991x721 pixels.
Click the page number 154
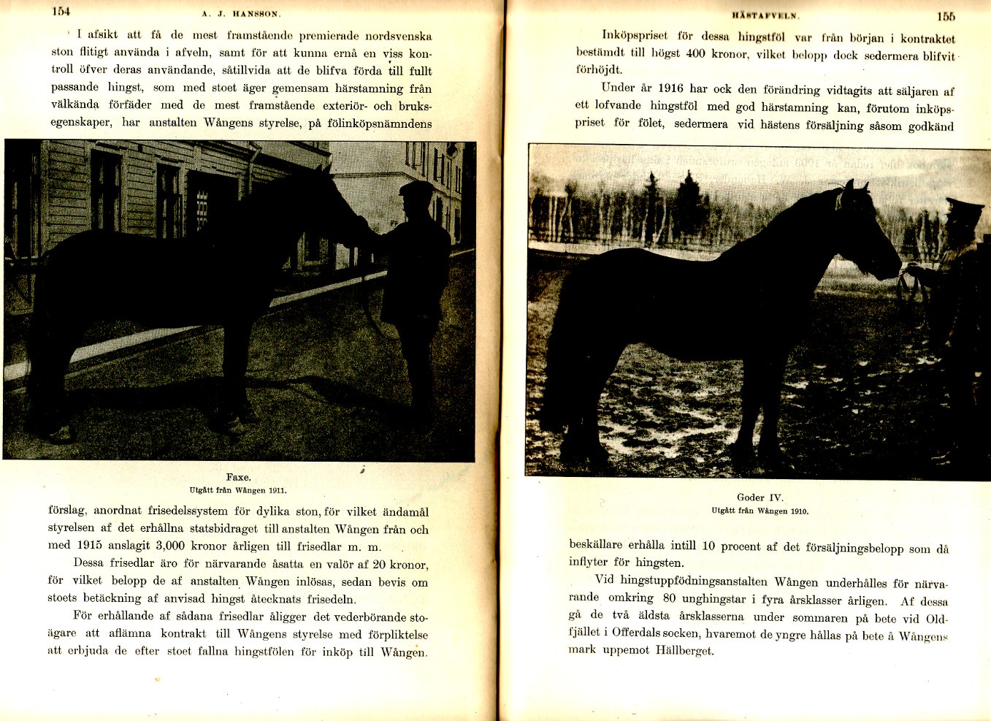pos(61,11)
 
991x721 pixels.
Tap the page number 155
pos(945,16)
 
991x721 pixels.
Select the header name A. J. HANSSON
pos(242,13)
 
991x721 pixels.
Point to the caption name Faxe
pos(238,477)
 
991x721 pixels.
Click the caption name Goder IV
pos(759,497)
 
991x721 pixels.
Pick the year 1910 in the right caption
pos(798,511)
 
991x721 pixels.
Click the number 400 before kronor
pos(695,54)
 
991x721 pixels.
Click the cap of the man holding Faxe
pos(416,188)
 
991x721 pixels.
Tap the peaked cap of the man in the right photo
pos(964,205)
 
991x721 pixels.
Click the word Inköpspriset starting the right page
pos(633,36)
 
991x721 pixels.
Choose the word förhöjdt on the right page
pos(599,70)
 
